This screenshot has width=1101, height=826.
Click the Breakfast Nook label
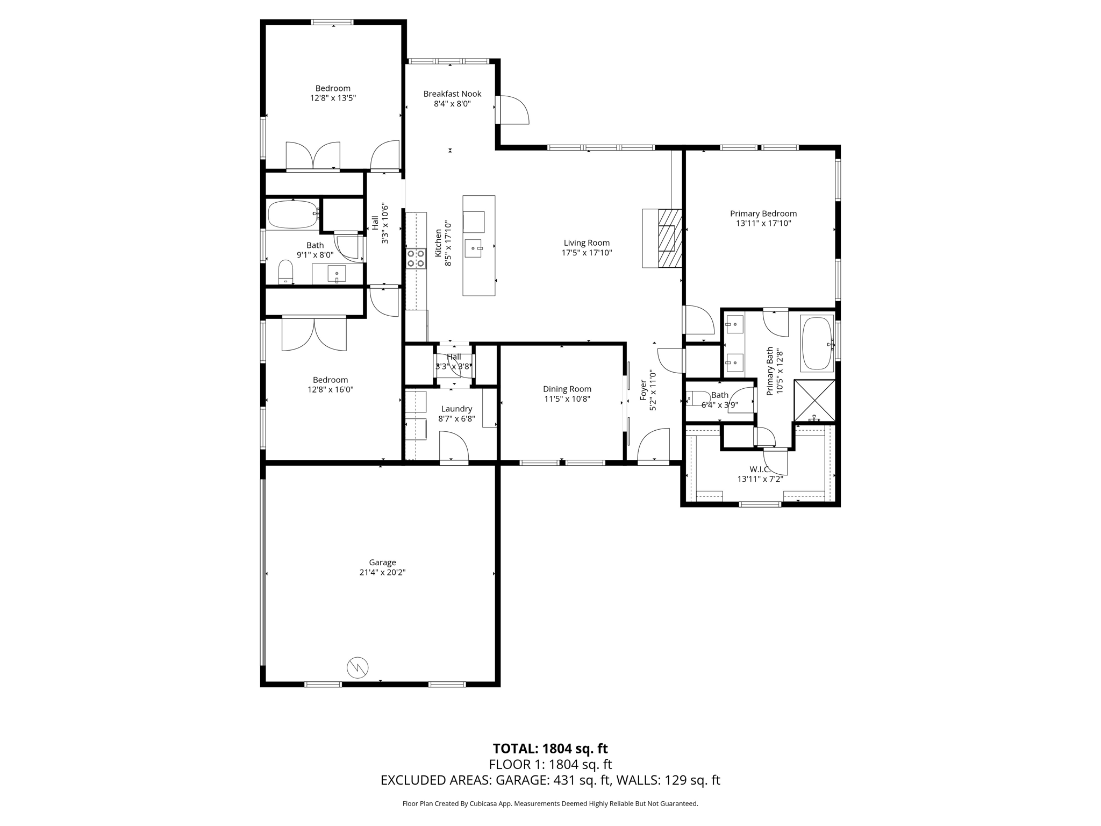point(452,94)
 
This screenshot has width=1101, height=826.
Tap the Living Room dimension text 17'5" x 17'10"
point(587,253)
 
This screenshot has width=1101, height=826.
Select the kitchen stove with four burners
point(416,258)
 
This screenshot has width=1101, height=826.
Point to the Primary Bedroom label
point(763,213)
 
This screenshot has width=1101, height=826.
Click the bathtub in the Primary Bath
point(817,344)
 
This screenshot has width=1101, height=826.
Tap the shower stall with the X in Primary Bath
point(814,401)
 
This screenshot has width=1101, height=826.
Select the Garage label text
point(382,562)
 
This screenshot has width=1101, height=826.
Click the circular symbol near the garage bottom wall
point(358,667)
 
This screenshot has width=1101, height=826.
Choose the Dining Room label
point(567,389)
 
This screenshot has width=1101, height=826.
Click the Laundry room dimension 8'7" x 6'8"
point(456,419)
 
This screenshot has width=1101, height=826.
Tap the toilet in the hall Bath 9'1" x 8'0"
point(285,272)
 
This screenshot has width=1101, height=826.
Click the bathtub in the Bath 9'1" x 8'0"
point(292,215)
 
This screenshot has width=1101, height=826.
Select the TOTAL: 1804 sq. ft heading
point(550,749)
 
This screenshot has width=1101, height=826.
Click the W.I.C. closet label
point(760,469)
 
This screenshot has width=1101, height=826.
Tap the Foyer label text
point(643,391)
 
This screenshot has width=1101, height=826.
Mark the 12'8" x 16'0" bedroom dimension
point(330,390)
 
